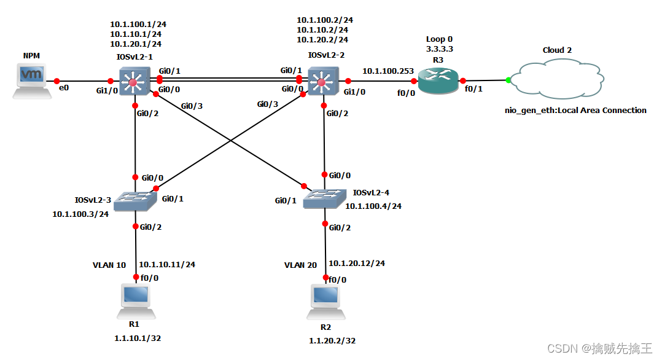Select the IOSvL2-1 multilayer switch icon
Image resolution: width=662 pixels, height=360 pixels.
tap(134, 80)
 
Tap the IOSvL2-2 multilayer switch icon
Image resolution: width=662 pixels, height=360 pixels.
tap(321, 80)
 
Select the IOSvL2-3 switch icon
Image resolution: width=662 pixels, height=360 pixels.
tap(137, 199)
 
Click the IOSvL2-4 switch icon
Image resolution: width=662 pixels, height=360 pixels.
tap(324, 198)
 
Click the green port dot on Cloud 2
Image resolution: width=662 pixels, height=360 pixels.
tap(508, 80)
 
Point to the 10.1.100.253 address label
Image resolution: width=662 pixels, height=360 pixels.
tap(387, 71)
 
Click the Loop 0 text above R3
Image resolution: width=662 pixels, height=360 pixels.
tap(439, 39)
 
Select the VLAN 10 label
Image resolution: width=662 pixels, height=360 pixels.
tap(109, 265)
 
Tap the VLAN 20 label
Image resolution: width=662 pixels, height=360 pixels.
tap(300, 265)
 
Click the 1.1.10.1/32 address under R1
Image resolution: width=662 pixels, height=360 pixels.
tap(137, 338)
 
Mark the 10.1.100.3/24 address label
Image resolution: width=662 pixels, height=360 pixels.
tap(80, 214)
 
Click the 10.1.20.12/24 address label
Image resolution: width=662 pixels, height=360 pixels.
tap(357, 264)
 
